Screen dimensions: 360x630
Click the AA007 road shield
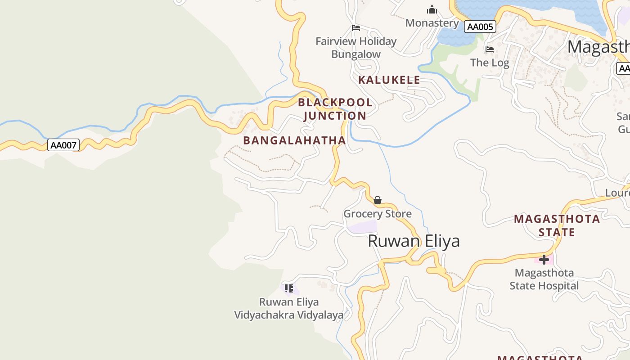coord(63,145)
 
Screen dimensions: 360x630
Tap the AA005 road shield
coord(480,27)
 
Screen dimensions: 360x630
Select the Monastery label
coord(432,23)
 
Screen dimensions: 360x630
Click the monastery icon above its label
coord(432,9)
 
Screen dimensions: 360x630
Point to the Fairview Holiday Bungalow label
coord(356,48)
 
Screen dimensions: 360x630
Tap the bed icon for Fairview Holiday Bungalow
coord(356,28)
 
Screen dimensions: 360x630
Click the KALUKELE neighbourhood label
coord(389,80)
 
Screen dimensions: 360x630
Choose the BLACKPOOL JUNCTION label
coord(335,109)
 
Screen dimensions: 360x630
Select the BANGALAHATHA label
coord(294,140)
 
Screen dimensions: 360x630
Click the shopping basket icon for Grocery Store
coord(378,200)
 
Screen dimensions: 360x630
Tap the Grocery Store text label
coord(378,214)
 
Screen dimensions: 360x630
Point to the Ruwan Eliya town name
coord(414,241)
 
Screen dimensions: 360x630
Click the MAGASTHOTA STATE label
coord(557,225)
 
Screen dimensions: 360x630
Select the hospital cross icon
coord(544,260)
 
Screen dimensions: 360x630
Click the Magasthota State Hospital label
coord(544,279)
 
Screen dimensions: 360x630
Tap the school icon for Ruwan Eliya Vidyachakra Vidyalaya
coord(288,288)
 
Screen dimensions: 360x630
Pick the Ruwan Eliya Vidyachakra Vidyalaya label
coord(288,308)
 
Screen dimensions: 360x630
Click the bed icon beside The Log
coord(490,49)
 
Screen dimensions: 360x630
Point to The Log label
coord(490,63)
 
